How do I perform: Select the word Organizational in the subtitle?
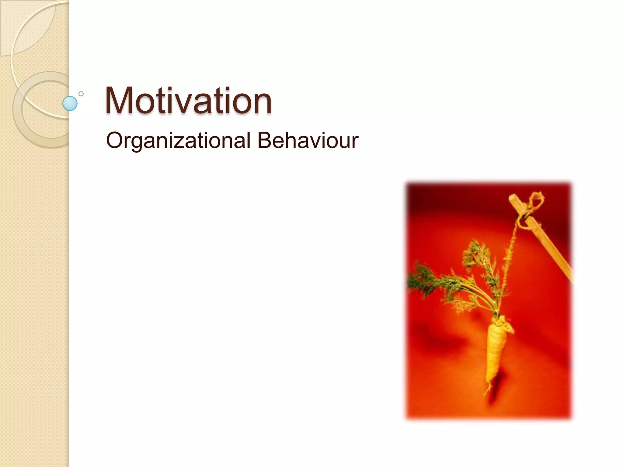pyautogui.click(x=178, y=141)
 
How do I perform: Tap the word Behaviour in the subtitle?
pyautogui.click(x=308, y=141)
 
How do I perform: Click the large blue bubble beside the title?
pyautogui.click(x=70, y=103)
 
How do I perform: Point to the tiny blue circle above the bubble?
pyautogui.click(x=81, y=94)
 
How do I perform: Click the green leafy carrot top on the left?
pyautogui.click(x=423, y=278)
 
